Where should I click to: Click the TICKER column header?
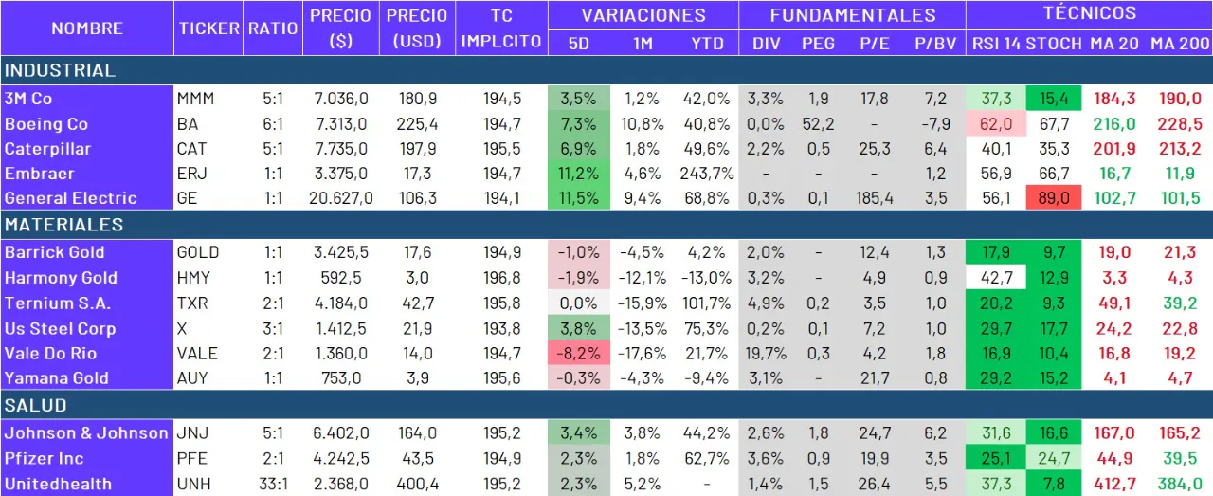click(x=208, y=28)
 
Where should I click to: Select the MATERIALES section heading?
click(x=63, y=225)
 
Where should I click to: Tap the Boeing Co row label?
click(x=46, y=124)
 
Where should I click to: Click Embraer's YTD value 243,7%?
click(x=705, y=174)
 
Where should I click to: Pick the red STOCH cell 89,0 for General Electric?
click(x=1053, y=198)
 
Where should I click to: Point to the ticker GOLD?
click(x=198, y=252)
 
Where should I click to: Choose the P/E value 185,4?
click(x=873, y=198)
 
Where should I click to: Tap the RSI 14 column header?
click(x=995, y=44)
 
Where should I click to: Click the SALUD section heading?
click(x=35, y=405)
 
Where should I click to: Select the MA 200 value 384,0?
click(x=1180, y=484)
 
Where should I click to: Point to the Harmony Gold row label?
click(x=61, y=278)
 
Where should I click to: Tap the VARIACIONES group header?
click(x=643, y=15)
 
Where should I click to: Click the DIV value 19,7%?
click(x=765, y=353)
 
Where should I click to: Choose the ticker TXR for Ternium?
click(x=192, y=303)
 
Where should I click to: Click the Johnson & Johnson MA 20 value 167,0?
click(x=1114, y=433)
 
